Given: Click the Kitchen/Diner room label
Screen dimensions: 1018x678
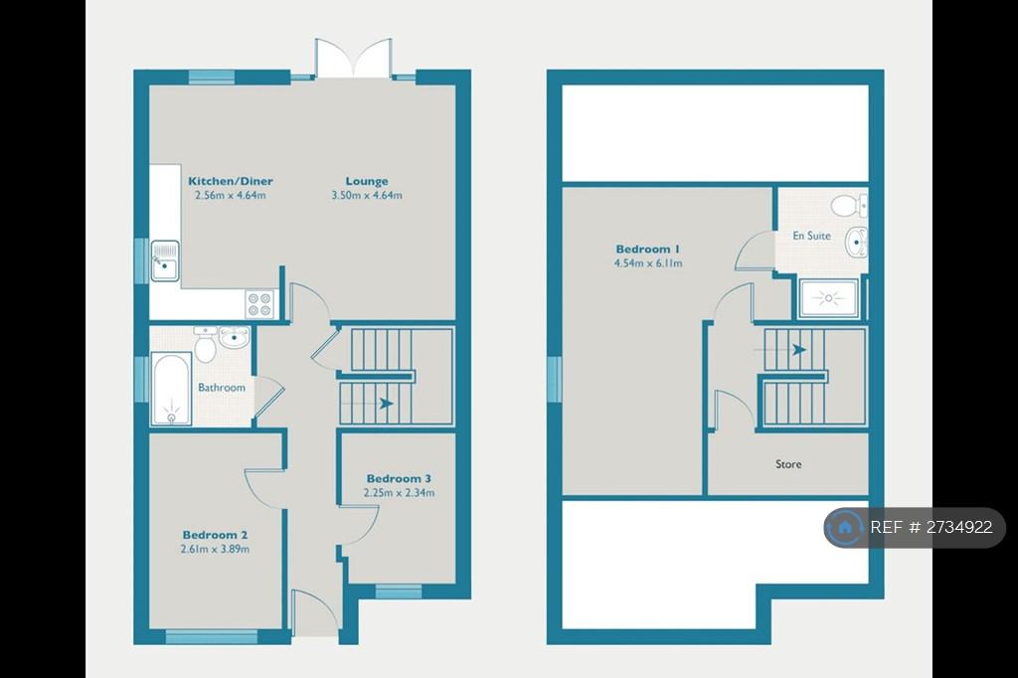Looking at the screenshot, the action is tap(231, 181).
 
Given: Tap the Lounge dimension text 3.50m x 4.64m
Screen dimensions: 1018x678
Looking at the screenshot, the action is tap(367, 195).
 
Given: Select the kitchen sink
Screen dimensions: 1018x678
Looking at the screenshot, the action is tap(165, 260).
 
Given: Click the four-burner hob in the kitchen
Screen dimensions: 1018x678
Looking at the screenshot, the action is tap(259, 304).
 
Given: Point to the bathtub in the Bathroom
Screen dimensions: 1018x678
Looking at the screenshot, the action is tap(171, 389).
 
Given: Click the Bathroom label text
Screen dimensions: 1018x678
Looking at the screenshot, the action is tap(222, 387).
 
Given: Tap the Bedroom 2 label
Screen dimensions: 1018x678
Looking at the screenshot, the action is tap(215, 535).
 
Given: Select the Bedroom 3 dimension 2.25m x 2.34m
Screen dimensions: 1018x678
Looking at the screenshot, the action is tap(400, 492).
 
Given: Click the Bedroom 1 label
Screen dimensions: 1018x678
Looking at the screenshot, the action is tap(648, 249).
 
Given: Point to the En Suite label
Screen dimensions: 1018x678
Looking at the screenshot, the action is tap(811, 236).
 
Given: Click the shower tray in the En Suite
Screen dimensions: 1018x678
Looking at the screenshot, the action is tap(828, 298).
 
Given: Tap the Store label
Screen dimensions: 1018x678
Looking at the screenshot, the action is tap(788, 463).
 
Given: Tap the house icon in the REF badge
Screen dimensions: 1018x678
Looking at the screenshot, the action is tap(845, 527).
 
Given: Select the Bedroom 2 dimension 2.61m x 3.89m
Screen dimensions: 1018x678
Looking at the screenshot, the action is tap(215, 549).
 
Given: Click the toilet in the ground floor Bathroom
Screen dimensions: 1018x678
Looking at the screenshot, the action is tap(205, 345).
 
